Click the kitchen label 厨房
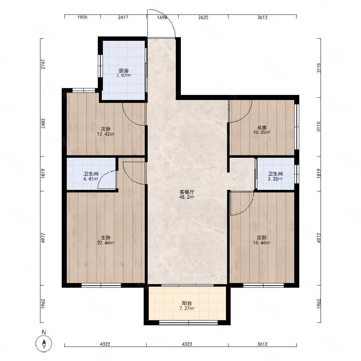point(124,71)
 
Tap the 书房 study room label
point(262,128)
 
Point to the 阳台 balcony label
point(187,304)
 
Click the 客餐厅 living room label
point(187,192)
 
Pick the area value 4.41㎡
point(91,179)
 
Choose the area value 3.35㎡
point(275,179)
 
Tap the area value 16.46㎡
point(262,243)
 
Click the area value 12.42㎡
point(106,134)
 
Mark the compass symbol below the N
point(44,344)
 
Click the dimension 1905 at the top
point(82,17)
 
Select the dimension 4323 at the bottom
point(187,344)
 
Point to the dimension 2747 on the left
point(43,64)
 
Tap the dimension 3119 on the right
point(319,68)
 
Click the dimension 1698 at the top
point(162,17)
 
